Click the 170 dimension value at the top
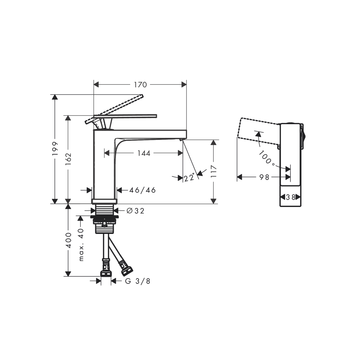click(140, 85)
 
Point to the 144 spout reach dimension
click(144, 153)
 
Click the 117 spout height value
click(214, 172)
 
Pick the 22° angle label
click(190, 177)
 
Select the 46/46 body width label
click(142, 190)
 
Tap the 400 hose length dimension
click(68, 240)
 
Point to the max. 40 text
click(81, 244)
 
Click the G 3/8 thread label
click(138, 281)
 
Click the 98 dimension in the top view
click(264, 177)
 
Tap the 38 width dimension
click(290, 197)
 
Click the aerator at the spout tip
click(181, 139)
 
